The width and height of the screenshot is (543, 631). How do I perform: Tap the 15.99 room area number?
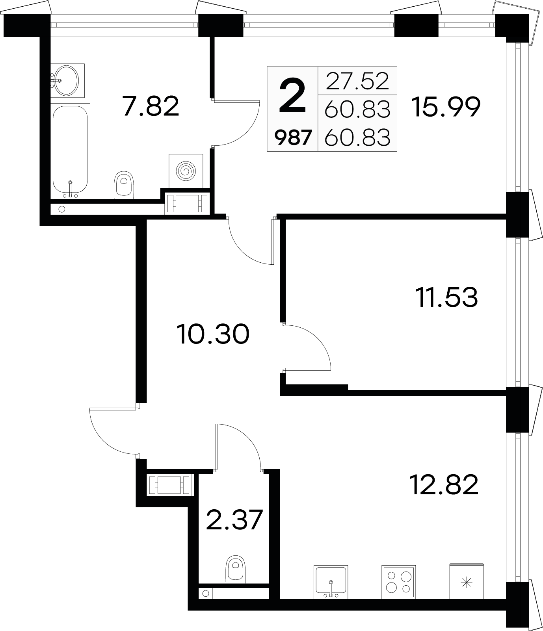446,108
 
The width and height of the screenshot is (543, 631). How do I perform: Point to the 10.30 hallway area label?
213,334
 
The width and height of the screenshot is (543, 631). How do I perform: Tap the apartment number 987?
293,139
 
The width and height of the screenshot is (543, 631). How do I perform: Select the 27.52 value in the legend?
357,81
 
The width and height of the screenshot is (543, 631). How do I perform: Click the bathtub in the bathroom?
71,151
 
